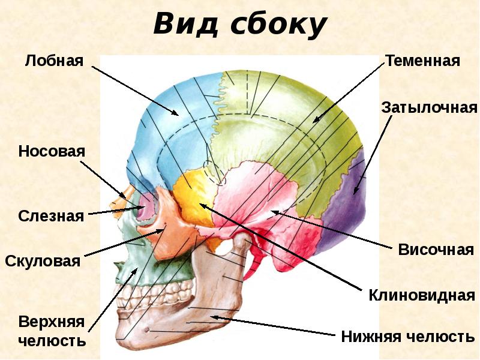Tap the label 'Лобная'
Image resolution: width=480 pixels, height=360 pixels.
tap(53, 61)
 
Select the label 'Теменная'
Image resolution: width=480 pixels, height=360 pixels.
tap(422, 61)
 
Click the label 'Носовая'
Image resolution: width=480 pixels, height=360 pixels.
tap(52, 151)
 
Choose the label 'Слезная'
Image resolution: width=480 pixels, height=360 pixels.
tap(51, 216)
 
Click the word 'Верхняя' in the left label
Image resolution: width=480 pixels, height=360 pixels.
tap(51, 321)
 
